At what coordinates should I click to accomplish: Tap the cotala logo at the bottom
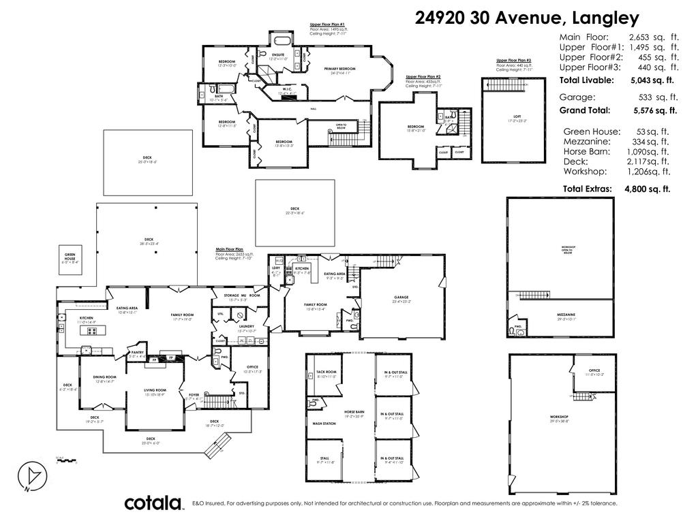point(154,503)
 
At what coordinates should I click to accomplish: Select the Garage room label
point(401,297)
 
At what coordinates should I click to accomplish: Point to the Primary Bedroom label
point(339,69)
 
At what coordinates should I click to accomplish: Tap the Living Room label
point(155,391)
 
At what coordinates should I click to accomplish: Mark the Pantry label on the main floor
point(137,352)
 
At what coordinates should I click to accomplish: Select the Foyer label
point(194,394)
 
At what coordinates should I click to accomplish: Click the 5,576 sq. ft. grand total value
point(654,110)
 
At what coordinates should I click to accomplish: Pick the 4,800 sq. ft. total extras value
point(648,189)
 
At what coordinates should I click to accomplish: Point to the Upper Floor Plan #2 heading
point(423,77)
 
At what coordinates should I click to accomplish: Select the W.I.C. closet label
point(287,89)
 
